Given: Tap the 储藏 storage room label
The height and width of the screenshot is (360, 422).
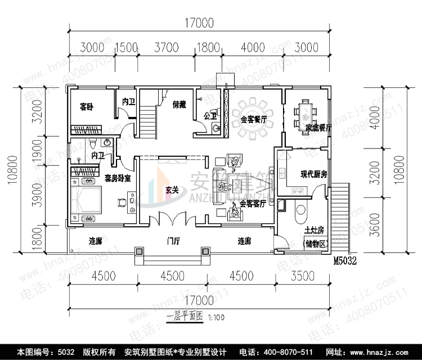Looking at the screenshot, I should click(179, 103).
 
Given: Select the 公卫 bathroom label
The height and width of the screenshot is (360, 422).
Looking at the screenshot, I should click(210, 116).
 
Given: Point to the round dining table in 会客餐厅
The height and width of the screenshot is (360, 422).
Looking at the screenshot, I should click(254, 119).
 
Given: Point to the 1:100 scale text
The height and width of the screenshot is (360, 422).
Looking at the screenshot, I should click(216, 317).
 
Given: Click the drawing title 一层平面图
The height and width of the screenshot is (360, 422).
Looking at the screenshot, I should click(185, 316).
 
